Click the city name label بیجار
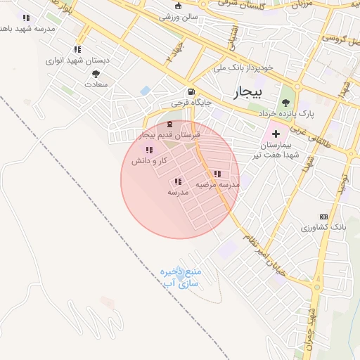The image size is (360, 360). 248,92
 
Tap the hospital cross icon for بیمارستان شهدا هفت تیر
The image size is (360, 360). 276,134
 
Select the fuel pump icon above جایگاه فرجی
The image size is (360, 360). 190,93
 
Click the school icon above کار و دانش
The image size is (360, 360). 148,150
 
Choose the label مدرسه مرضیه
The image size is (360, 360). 218,184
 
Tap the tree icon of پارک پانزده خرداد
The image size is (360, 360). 285,102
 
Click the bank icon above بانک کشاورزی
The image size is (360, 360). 323,217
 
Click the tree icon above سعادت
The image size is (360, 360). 96,73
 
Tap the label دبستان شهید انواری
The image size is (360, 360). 79,60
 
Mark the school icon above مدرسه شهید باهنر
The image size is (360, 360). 26,18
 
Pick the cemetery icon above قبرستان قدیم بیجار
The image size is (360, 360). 169,124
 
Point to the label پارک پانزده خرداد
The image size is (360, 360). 286,112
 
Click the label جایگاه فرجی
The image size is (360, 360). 189,103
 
